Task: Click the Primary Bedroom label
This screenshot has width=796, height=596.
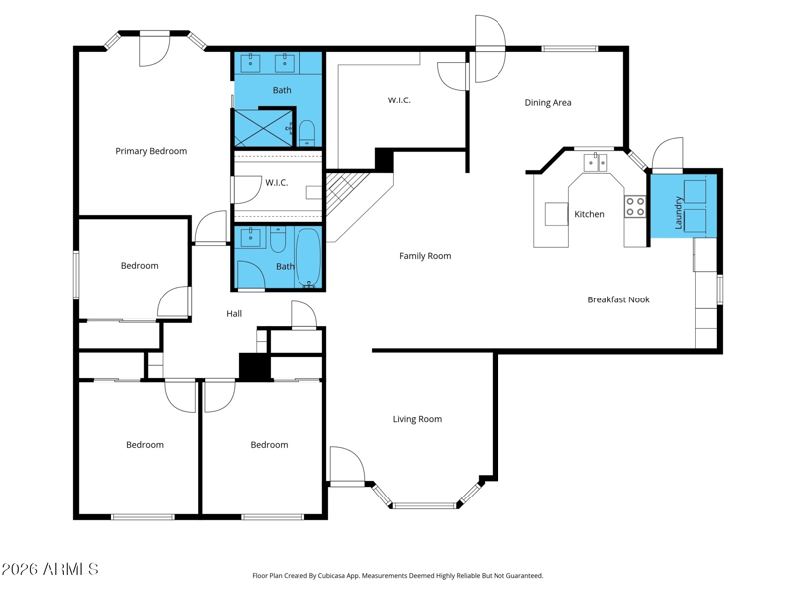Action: tap(151, 151)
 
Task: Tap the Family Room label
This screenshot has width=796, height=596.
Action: tap(425, 256)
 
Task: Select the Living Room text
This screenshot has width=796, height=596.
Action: tap(417, 419)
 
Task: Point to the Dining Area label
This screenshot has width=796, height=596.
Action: tap(548, 103)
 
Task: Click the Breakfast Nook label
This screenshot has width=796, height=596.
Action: tap(618, 299)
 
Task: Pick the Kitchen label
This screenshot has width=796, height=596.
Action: tap(589, 214)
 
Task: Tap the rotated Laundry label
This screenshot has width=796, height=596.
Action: tap(678, 213)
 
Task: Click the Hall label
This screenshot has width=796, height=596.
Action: tap(234, 314)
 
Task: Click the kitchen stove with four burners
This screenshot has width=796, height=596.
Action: tap(635, 206)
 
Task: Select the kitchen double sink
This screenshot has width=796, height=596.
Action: tap(595, 163)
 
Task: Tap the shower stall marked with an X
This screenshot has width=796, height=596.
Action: tap(263, 127)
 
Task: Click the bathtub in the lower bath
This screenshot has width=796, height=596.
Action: tap(308, 257)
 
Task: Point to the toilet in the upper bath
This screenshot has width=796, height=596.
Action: tap(307, 133)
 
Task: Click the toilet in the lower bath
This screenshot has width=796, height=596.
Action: tap(278, 240)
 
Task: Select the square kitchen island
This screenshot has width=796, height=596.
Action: tap(557, 214)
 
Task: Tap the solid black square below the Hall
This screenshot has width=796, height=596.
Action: tap(255, 367)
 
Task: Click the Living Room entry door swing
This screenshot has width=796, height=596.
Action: tap(347, 465)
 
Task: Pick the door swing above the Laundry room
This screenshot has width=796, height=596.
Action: tap(667, 154)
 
